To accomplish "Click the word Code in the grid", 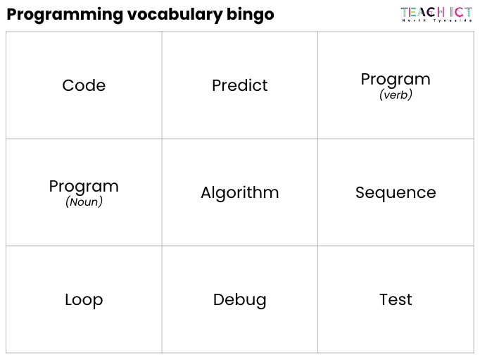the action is coord(84,85).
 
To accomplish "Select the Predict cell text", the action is coord(240,85).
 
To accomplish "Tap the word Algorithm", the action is coord(240,193).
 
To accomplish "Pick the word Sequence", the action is coord(396,193).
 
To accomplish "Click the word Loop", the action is coord(84,300).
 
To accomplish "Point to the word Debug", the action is coord(240,300).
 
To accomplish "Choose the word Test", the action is coord(396,299).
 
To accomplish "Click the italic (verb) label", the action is coord(396,94).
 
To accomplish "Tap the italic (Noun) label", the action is coord(84,202).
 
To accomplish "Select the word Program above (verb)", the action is coord(396,80).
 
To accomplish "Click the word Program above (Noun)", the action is coord(84,187).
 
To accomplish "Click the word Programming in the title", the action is coord(65,15).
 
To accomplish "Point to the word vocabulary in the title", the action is coord(175,15).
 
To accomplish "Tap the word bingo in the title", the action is coord(251,15).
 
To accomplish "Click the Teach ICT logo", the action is coord(436,14).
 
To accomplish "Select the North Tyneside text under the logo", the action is coord(436,20).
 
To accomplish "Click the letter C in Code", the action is coord(68,85).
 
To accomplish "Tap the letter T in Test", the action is coord(385,299).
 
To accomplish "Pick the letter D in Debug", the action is coord(220,299).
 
